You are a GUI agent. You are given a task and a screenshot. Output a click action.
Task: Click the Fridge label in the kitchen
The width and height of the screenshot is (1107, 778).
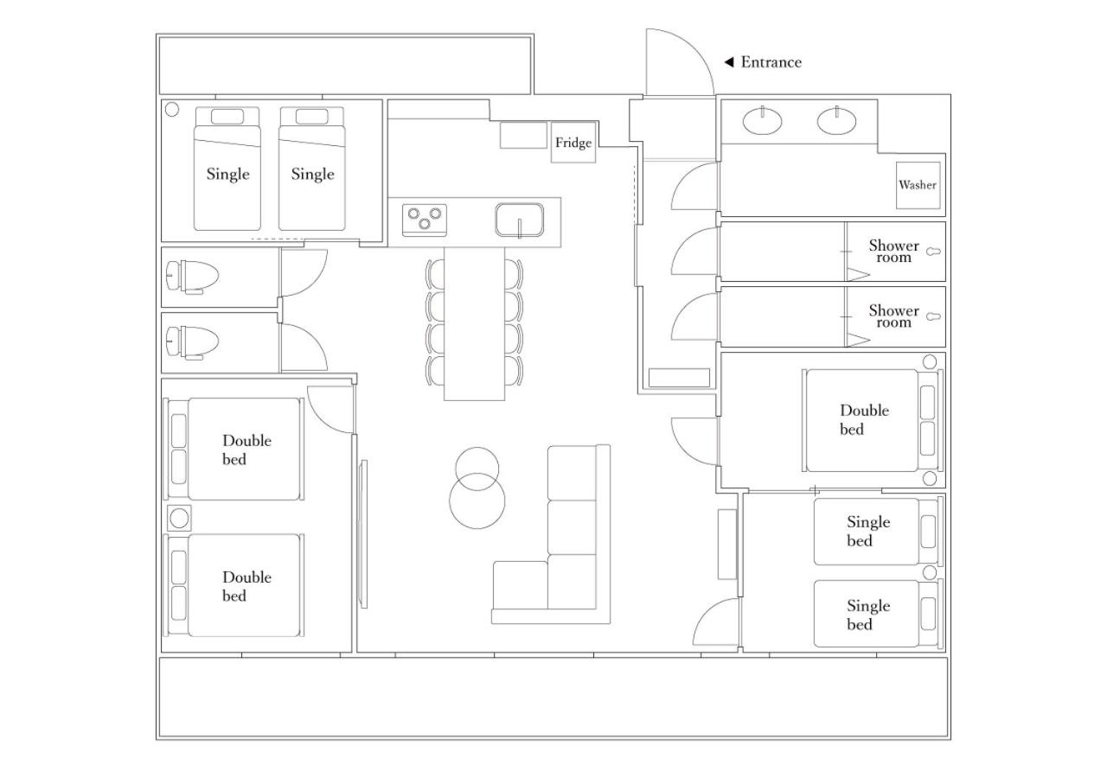click(x=573, y=143)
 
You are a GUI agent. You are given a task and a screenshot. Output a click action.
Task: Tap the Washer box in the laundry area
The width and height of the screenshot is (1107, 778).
click(x=918, y=185)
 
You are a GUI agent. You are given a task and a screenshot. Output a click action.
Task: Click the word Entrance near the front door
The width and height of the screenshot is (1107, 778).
click(x=771, y=62)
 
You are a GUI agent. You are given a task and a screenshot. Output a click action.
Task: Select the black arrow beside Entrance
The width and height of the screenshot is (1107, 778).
click(x=728, y=62)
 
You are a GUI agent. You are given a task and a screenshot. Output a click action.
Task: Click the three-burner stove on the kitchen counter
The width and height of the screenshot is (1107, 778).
click(x=425, y=220)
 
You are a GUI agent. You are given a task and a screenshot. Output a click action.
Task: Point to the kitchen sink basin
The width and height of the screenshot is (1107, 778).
click(x=520, y=220)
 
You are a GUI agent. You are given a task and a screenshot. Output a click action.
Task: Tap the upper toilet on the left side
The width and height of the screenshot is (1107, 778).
click(x=192, y=277)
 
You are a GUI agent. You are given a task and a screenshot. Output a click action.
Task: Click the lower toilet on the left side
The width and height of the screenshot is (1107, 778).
click(x=192, y=341)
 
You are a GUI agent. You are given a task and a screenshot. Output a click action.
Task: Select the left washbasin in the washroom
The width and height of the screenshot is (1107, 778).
click(x=763, y=121)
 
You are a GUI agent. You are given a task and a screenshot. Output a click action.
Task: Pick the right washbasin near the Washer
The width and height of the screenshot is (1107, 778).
click(x=836, y=120)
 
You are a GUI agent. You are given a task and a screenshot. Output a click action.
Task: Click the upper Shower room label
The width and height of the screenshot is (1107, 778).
click(x=894, y=252)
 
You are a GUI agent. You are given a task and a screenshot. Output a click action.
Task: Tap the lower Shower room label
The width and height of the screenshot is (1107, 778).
click(x=894, y=316)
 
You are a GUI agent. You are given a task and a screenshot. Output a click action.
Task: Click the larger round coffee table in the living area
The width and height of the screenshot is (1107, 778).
click(x=477, y=501)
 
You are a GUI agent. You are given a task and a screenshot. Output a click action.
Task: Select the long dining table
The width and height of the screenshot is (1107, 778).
click(x=475, y=323)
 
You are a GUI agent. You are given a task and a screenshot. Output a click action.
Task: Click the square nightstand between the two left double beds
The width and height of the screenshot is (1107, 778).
click(x=179, y=518)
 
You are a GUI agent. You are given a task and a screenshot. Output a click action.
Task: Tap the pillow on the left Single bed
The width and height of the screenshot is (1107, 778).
click(x=227, y=117)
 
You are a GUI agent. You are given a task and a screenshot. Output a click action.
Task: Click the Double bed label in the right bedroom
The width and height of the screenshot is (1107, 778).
click(x=864, y=420)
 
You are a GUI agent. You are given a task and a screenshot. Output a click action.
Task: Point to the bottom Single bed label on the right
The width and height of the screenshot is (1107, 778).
click(x=868, y=615)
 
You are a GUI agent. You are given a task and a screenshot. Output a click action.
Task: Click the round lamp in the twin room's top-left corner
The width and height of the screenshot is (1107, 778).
click(x=172, y=109)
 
